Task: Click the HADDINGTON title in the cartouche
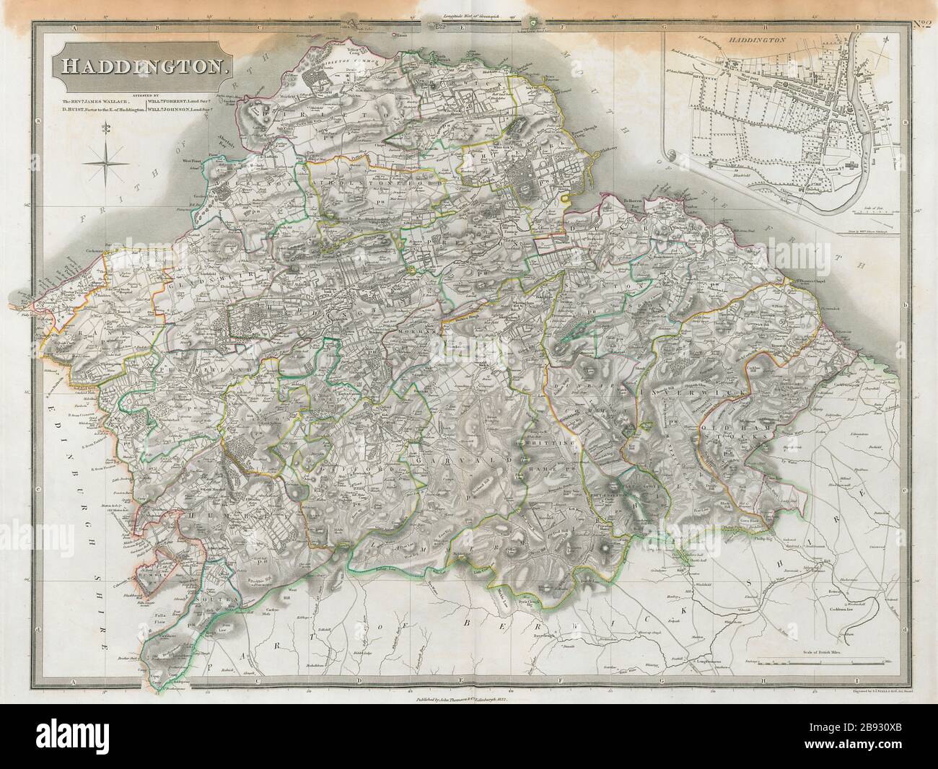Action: point(142,66)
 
